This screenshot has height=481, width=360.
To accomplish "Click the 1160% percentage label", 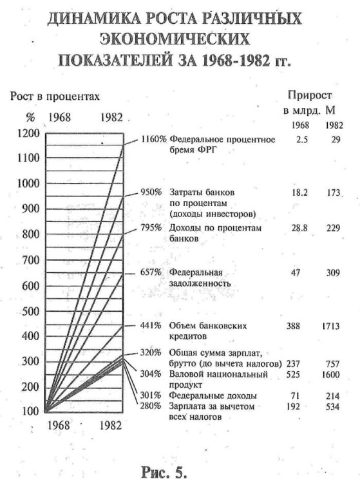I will pyautogui.click(x=153, y=139).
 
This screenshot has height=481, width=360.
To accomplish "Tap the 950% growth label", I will pyautogui.click(x=153, y=192).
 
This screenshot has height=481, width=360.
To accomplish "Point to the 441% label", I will pyautogui.click(x=153, y=326).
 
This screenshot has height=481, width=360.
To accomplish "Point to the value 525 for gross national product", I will pyautogui.click(x=294, y=373).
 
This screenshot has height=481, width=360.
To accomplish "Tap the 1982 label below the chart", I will pyautogui.click(x=111, y=426).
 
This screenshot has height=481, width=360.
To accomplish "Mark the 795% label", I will pyautogui.click(x=153, y=229).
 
